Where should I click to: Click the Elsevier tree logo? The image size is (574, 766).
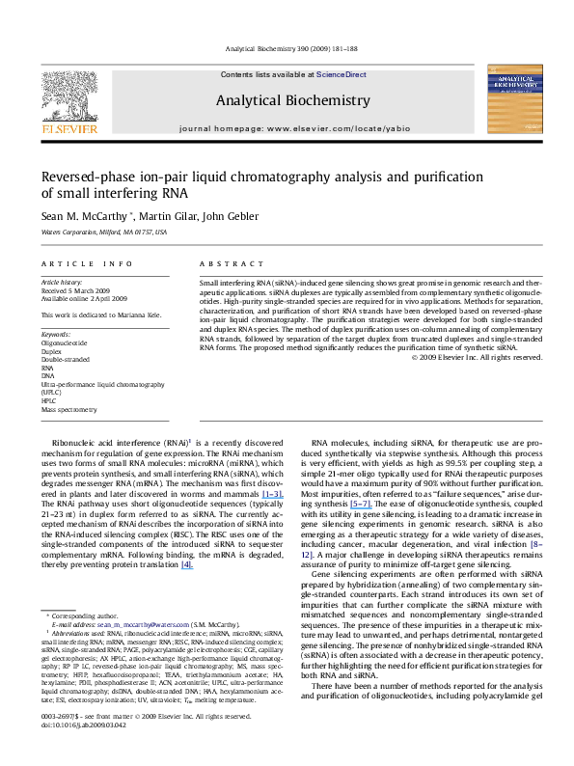click(61, 96)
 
